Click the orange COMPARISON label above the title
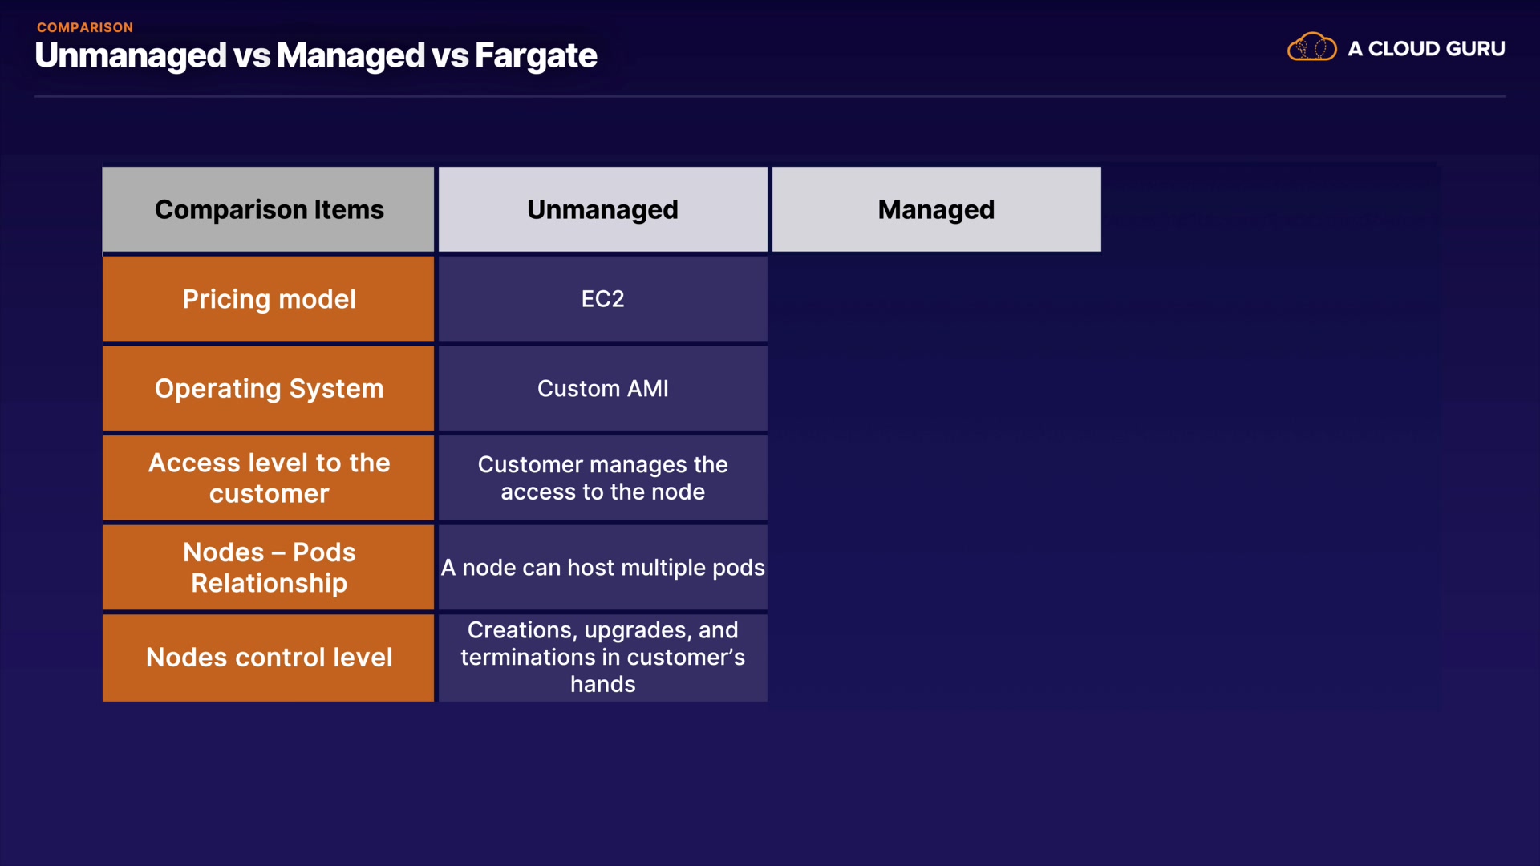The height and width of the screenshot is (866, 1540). point(85,27)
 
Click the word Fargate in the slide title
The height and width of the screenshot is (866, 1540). point(536,55)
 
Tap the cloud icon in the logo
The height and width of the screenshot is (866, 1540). point(1312,47)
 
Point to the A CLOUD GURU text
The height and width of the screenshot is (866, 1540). point(1426,48)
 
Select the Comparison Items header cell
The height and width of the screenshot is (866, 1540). point(269,209)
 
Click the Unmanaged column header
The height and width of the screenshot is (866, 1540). point(603,209)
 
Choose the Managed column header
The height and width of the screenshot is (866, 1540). point(937,209)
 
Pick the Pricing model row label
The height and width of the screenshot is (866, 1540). point(269,299)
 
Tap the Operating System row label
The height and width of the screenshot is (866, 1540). point(269,389)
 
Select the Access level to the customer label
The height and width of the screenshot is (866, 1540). point(269,478)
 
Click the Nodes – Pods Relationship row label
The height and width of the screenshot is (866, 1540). point(269,568)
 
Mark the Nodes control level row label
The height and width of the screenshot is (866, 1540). point(269,658)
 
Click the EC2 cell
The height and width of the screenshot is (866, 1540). point(603,299)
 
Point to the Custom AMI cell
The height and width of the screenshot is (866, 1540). point(603,389)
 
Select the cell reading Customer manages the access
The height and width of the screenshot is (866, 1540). point(603,478)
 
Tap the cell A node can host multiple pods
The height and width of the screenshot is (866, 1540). point(603,568)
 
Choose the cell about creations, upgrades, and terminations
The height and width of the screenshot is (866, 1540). point(603,658)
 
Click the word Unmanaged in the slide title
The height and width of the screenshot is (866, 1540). point(131,55)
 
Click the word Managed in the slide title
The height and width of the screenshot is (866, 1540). point(351,55)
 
